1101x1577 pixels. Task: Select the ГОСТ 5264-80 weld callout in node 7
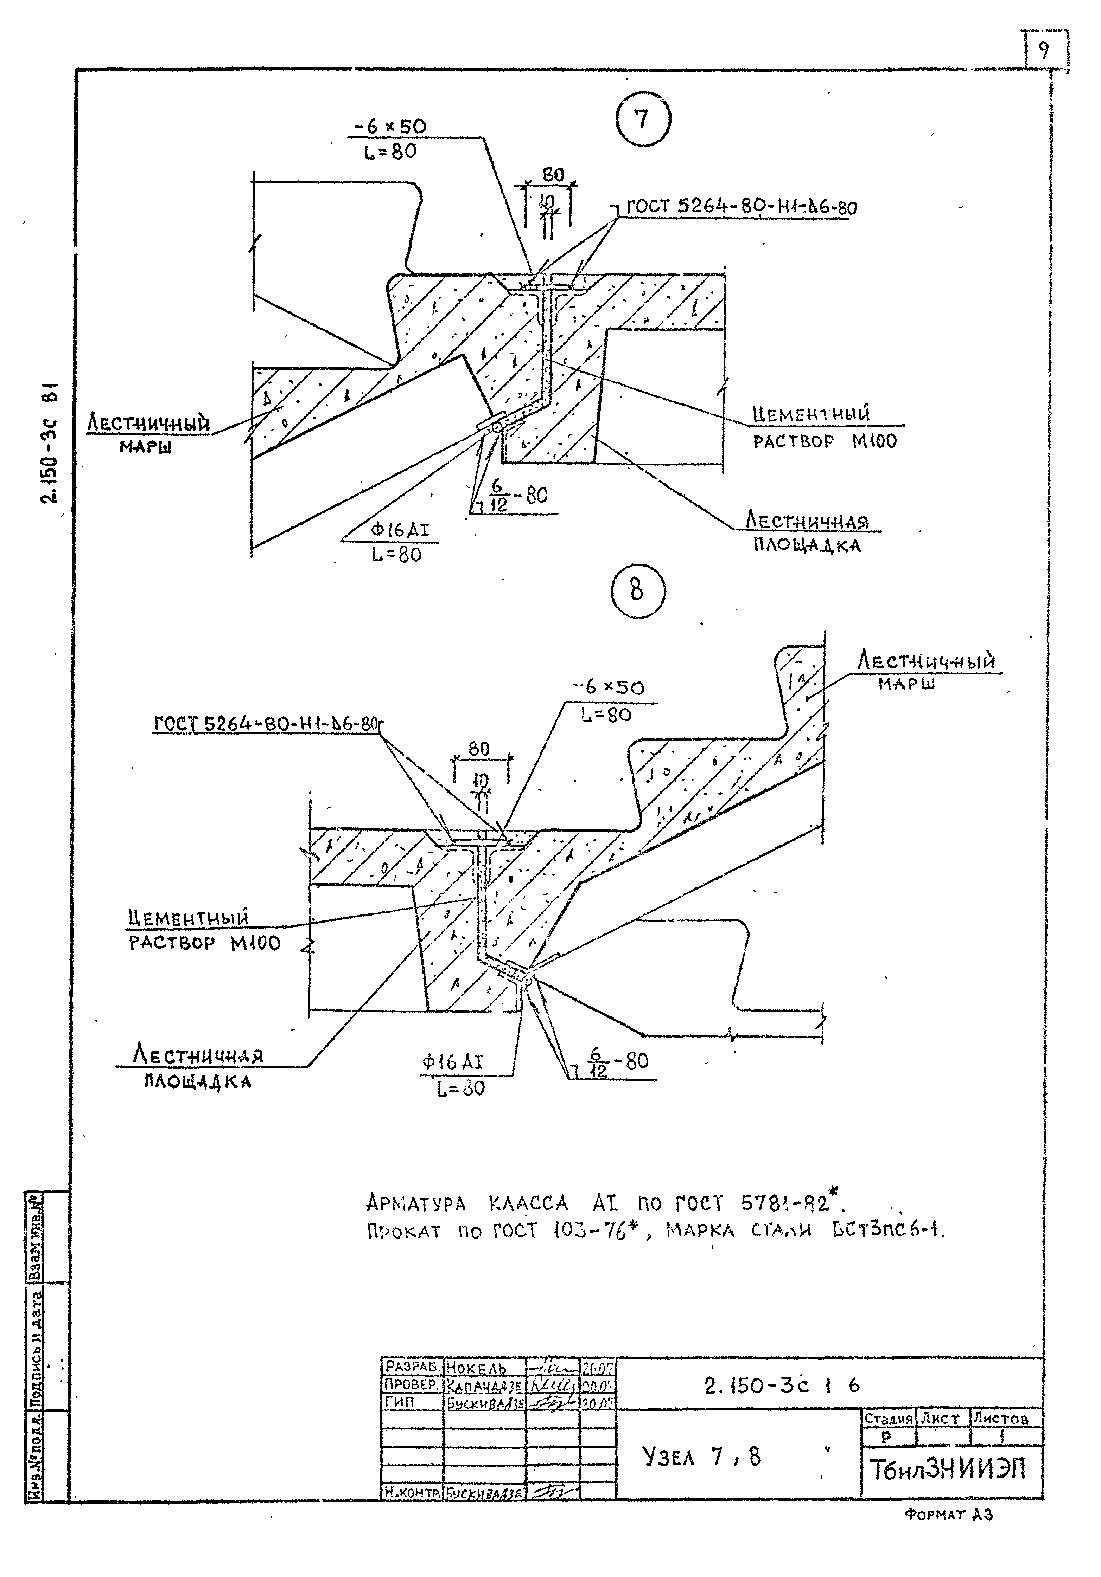coord(741,207)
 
